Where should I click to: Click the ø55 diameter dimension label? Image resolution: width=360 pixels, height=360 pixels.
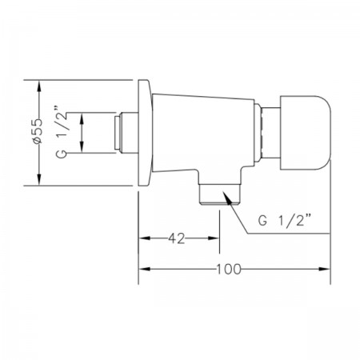coord(38,131)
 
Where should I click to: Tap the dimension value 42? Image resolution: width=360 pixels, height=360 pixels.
coord(177,238)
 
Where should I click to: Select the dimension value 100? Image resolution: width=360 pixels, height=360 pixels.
coord(229,269)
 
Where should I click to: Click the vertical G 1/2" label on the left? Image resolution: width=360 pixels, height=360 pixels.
coord(62,133)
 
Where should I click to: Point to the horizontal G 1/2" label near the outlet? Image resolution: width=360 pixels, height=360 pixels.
coord(285,221)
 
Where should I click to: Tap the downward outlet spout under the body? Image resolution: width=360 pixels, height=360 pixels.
coord(220,194)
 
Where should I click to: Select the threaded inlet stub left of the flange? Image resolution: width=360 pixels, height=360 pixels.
coord(126,133)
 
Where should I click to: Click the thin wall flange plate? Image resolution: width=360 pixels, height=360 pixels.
coord(145,133)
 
